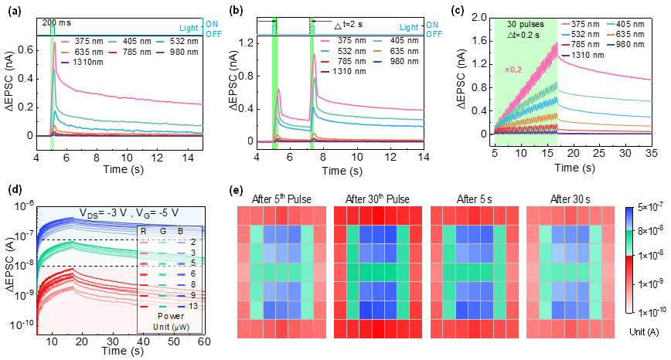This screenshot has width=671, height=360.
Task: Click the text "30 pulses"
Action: coord(526,25)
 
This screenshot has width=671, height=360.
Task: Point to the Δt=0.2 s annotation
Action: coord(526,36)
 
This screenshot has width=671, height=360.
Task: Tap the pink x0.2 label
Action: coord(513,70)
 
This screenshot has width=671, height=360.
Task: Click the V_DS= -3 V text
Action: coord(104,213)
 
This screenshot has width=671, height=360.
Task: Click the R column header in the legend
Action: coord(144,230)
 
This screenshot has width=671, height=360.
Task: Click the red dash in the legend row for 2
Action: coord(144,242)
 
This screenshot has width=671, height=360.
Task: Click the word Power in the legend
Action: coord(170,317)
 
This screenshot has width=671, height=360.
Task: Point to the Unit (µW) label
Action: coord(170,327)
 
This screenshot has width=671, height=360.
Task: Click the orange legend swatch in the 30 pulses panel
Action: coord(611,35)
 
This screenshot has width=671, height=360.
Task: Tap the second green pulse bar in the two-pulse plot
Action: coord(314,81)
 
